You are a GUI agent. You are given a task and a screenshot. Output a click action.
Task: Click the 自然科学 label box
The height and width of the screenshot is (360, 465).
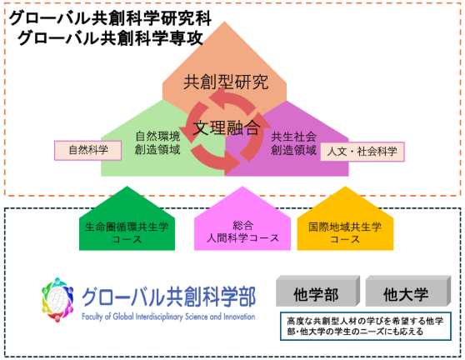87,150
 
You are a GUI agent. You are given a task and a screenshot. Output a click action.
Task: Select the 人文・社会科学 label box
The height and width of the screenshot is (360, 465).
362,152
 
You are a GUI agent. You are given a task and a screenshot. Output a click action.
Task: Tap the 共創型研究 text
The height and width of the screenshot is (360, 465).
226,82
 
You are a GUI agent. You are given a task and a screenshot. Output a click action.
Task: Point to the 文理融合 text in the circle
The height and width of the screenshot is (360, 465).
227,127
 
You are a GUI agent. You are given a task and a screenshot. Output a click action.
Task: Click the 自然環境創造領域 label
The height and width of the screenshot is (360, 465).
157,143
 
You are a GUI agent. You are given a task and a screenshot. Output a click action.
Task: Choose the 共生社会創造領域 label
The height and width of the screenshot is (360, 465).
293,143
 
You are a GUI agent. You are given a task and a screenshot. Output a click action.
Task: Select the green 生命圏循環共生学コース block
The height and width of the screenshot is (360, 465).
127,218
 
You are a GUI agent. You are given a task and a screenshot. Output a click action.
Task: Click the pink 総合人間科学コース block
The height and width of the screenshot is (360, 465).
242,218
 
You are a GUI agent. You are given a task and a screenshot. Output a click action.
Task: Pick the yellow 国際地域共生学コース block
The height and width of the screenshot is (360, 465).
345,218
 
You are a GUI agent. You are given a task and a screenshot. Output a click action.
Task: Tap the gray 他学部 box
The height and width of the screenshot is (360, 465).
317,291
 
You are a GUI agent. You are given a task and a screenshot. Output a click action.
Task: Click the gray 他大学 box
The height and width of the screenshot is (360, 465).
407,291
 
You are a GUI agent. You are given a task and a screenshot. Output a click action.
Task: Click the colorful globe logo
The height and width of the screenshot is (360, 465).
57,300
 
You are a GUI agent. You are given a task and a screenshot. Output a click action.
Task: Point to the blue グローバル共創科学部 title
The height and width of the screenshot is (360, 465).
168,297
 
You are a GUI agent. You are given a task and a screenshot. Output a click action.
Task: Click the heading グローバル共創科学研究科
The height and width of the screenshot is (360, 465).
110,18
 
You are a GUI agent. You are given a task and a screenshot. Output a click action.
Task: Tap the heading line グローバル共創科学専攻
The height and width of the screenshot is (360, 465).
110,38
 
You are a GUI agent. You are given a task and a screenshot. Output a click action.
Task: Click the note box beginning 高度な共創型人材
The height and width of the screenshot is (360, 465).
366,326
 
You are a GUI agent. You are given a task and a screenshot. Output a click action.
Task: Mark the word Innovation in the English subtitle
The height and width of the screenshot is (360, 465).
239,317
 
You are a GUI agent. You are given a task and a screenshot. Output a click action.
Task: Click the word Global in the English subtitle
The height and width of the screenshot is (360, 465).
123,317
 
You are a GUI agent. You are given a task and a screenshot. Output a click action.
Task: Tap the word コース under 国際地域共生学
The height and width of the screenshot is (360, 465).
345,239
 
